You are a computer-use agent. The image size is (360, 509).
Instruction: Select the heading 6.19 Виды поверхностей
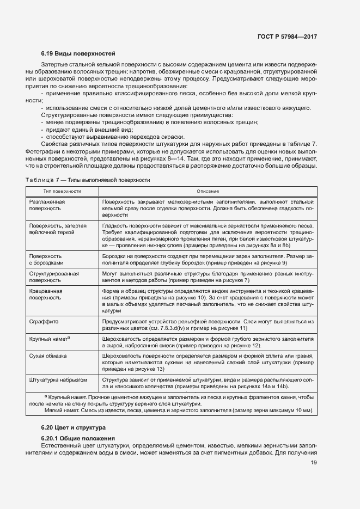(x=78, y=54)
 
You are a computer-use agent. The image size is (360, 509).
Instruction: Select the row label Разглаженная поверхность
(x=47, y=205)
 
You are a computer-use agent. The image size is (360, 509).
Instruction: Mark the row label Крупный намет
(x=49, y=339)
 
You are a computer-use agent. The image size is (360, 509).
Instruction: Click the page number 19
(x=314, y=463)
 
